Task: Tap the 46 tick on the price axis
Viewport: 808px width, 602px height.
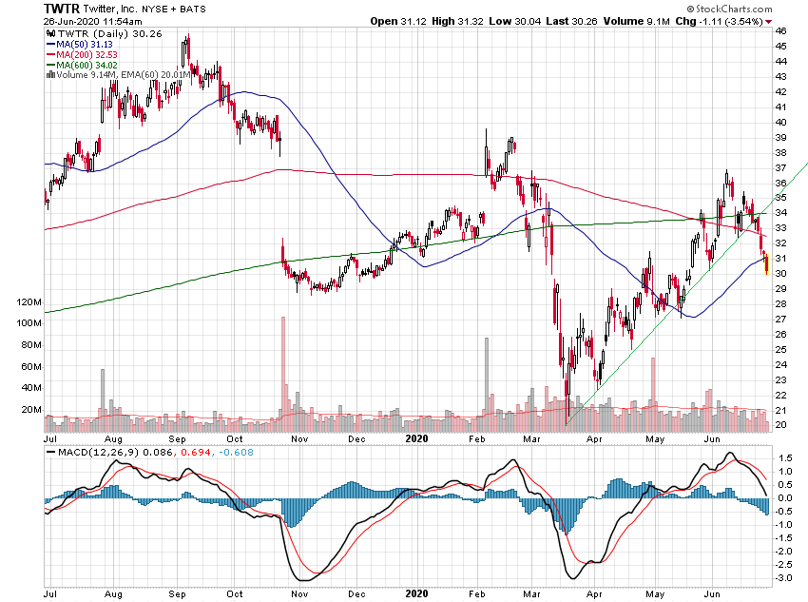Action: (780, 31)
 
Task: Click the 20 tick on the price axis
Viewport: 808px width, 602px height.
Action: (780, 425)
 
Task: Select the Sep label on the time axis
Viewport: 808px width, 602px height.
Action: (178, 439)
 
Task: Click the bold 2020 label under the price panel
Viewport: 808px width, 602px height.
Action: (418, 439)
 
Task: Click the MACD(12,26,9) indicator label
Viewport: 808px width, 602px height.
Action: (92, 451)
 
